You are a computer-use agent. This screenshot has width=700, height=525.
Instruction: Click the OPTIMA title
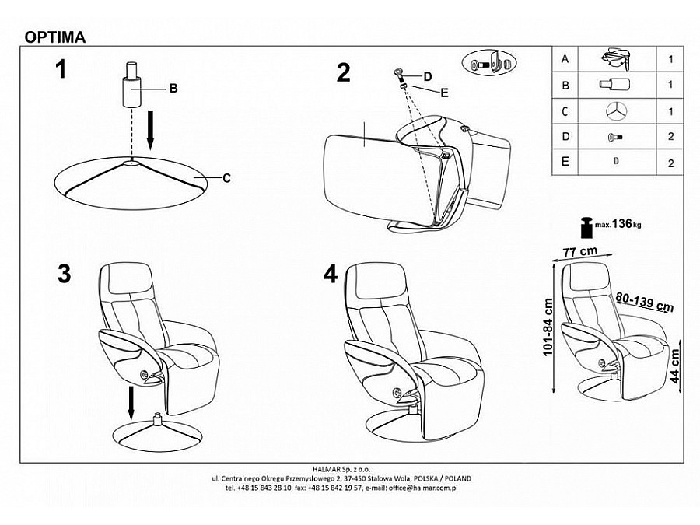[55, 37]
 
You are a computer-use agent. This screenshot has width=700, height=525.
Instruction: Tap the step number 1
[60, 70]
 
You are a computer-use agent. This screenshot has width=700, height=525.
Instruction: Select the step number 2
[343, 73]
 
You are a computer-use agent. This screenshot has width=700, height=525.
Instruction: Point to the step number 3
[65, 274]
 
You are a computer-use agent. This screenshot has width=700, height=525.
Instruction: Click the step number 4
[331, 274]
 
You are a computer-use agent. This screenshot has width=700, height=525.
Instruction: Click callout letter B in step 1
[173, 89]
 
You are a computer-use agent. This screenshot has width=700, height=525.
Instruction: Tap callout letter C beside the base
[227, 178]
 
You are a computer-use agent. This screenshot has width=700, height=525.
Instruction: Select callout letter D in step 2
[428, 77]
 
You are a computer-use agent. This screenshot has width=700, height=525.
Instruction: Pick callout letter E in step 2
[444, 93]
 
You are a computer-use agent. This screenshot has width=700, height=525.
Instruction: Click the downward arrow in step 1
[150, 130]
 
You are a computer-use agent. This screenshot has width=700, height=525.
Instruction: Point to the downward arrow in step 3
[131, 403]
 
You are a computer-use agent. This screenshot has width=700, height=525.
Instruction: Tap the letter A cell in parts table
[565, 59]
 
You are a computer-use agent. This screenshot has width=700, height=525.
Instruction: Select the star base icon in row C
[616, 111]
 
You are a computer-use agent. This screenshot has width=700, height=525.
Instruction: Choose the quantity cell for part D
[670, 137]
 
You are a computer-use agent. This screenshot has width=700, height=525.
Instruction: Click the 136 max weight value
[622, 223]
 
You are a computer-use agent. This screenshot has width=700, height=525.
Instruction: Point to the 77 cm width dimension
[580, 252]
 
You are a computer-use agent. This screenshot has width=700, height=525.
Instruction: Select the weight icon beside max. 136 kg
[586, 228]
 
